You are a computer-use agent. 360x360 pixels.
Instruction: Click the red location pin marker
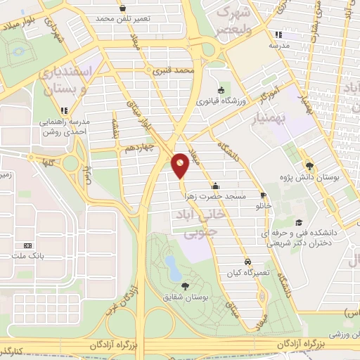point(181,166)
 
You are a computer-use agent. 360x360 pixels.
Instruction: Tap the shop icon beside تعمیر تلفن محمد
point(123,8)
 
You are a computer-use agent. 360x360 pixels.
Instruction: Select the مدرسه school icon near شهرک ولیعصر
point(278,34)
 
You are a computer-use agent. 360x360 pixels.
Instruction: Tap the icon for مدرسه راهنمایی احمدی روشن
point(65,110)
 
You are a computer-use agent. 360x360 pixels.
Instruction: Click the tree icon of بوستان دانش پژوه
point(310,165)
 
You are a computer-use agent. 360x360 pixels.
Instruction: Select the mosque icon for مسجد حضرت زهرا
point(214,186)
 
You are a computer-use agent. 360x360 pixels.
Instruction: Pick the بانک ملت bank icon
point(28,245)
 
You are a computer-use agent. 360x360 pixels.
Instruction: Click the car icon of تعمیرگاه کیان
point(246,259)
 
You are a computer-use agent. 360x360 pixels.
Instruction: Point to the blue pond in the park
point(171,264)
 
